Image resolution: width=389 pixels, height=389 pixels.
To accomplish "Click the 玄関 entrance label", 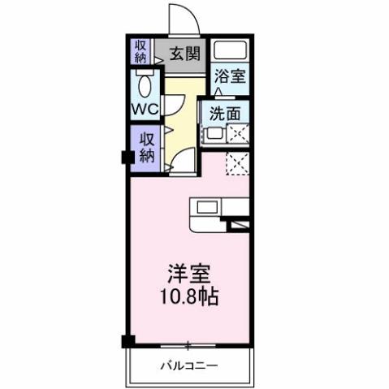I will pyautogui.click(x=185, y=54).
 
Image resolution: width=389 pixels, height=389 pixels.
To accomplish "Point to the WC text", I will pyautogui.click(x=144, y=108).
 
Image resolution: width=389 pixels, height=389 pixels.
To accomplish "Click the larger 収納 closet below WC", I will pyautogui.click(x=146, y=148).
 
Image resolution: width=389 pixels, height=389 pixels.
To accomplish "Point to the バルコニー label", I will pyautogui.click(x=188, y=365).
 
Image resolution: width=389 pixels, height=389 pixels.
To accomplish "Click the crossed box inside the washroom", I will pyautogui.click(x=239, y=136).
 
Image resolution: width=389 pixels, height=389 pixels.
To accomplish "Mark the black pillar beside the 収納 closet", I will pyautogui.click(x=127, y=157).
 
